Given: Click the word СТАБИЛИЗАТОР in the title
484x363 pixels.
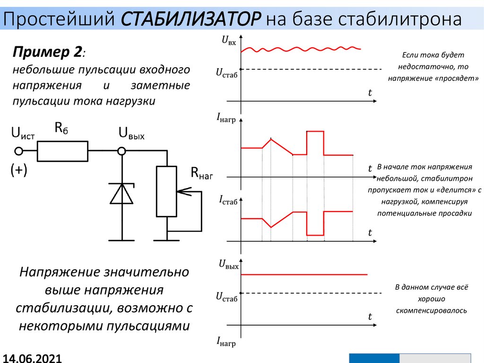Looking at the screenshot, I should coord(191,20).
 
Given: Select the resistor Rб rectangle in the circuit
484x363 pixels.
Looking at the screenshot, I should coord(62,151).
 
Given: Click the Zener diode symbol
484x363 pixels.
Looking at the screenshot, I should coord(122,194).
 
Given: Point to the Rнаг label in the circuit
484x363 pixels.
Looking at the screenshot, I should coord(202,173).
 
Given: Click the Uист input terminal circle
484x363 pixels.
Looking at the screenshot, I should coord(19,151).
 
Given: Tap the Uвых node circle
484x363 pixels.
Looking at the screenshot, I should coord(122,151).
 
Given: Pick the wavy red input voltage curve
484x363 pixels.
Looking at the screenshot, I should coord(302,49).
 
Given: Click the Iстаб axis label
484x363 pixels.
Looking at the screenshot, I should coord(228,200).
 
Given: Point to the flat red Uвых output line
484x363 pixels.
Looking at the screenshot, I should coord(302,274).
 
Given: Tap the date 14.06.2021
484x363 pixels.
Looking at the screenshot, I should coord(32,357).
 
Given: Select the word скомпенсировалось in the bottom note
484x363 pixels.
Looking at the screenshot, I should coord(431,311).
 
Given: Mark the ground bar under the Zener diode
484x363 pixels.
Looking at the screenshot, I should coord(122,239).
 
